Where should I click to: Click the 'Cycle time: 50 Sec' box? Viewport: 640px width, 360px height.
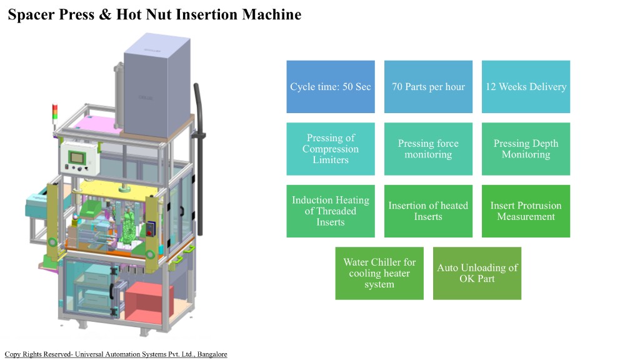pos(331,87)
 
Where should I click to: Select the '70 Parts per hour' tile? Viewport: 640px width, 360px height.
pos(428,87)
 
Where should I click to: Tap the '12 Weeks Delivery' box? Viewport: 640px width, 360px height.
pos(526,87)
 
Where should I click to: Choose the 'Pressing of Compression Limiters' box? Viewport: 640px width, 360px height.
pos(331,149)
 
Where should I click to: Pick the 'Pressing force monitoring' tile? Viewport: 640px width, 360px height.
pos(428,149)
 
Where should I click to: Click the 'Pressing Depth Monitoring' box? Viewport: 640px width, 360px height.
pos(526,149)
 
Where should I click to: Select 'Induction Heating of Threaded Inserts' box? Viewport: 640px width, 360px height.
pos(331,211)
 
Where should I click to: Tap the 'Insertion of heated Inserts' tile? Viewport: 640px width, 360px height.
pos(428,211)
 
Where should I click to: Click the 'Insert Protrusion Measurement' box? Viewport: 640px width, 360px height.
pos(526,211)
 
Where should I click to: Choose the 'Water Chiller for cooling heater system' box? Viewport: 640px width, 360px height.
pos(379,273)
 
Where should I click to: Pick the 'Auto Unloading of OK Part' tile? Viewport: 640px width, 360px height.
pos(477,273)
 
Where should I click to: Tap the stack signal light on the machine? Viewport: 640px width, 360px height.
pos(54,116)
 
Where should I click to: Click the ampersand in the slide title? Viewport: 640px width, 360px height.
pos(104,14)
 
